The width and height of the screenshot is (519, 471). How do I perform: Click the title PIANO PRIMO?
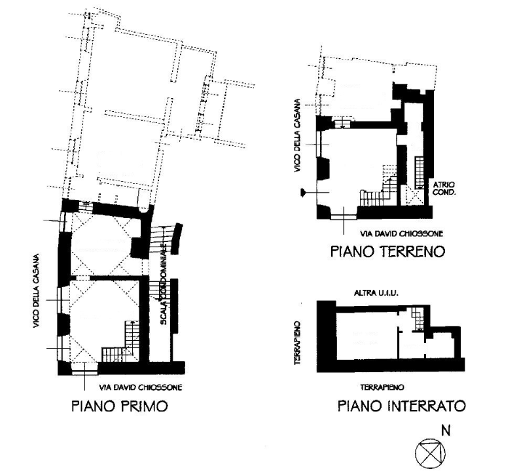119,406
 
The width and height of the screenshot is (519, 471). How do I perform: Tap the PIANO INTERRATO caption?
401,406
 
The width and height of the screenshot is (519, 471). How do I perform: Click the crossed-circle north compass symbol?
430,452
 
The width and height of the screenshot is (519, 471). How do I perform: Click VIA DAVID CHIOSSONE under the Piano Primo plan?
140,387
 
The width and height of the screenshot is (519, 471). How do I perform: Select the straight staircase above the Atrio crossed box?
419,171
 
